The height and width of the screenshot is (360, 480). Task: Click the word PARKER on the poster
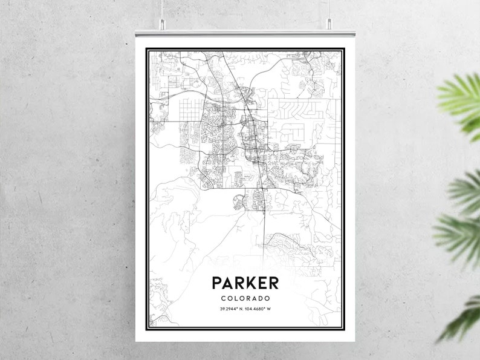pyautogui.click(x=245, y=283)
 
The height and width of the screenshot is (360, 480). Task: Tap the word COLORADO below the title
pyautogui.click(x=245, y=298)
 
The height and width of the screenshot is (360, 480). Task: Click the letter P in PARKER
pyautogui.click(x=216, y=283)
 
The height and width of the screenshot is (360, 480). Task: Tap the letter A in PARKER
pyautogui.click(x=227, y=283)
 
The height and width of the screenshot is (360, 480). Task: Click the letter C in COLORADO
pyautogui.click(x=223, y=298)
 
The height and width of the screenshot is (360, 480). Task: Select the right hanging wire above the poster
pyautogui.click(x=330, y=9)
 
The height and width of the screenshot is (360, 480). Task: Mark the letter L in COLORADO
pyautogui.click(x=236, y=298)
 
